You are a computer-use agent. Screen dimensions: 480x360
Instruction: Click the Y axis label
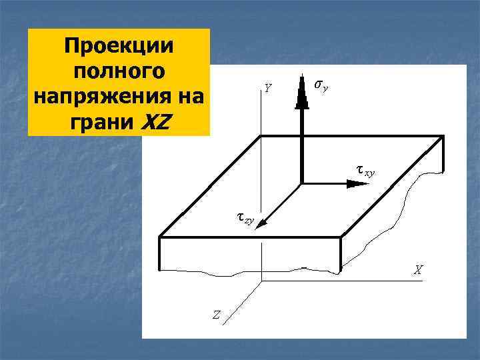click(267, 87)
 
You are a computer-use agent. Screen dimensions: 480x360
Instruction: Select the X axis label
click(418, 270)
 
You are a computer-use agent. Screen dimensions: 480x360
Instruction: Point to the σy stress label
click(321, 86)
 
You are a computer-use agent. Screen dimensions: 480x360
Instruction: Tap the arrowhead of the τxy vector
click(347, 183)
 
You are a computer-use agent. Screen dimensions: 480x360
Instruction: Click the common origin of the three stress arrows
click(302, 183)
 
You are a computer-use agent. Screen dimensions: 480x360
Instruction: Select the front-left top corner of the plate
click(159, 236)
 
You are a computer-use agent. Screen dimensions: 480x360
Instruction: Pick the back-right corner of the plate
click(443, 136)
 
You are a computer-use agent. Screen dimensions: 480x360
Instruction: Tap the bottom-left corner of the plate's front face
click(160, 270)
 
